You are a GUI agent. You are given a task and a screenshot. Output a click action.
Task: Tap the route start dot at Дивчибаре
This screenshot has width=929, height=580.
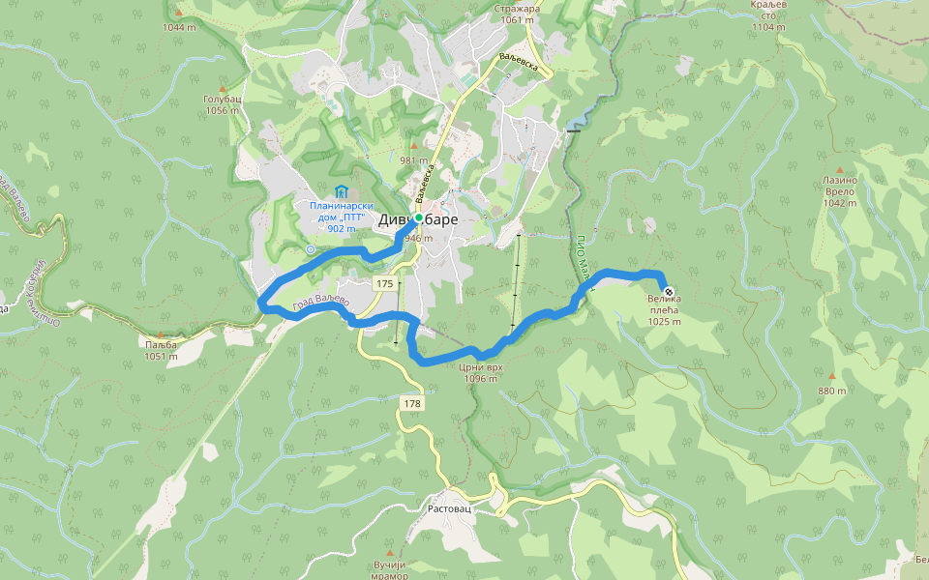(419, 217)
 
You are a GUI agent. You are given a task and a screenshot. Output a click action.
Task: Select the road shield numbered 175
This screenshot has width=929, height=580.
(386, 283)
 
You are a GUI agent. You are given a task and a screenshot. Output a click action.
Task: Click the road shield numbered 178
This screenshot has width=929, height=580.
(411, 402)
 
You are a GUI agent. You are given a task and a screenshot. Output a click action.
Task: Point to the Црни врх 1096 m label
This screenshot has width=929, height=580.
(480, 372)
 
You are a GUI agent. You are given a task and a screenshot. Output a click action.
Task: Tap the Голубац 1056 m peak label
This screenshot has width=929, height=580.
(222, 104)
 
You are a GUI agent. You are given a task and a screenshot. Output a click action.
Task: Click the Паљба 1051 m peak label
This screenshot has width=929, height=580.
(160, 350)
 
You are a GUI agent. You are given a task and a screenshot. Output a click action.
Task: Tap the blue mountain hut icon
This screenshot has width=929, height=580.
(340, 190)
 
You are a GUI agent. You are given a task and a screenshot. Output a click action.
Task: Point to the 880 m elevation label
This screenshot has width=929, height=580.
(831, 391)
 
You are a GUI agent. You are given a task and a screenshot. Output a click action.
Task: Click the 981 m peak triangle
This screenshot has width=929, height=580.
(413, 145)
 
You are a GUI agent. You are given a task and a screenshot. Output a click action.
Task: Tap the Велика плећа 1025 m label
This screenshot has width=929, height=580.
(665, 310)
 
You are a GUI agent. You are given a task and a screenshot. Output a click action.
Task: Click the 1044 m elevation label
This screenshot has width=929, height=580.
(180, 27)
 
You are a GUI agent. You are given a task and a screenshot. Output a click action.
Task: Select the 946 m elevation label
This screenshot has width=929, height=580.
(418, 238)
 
